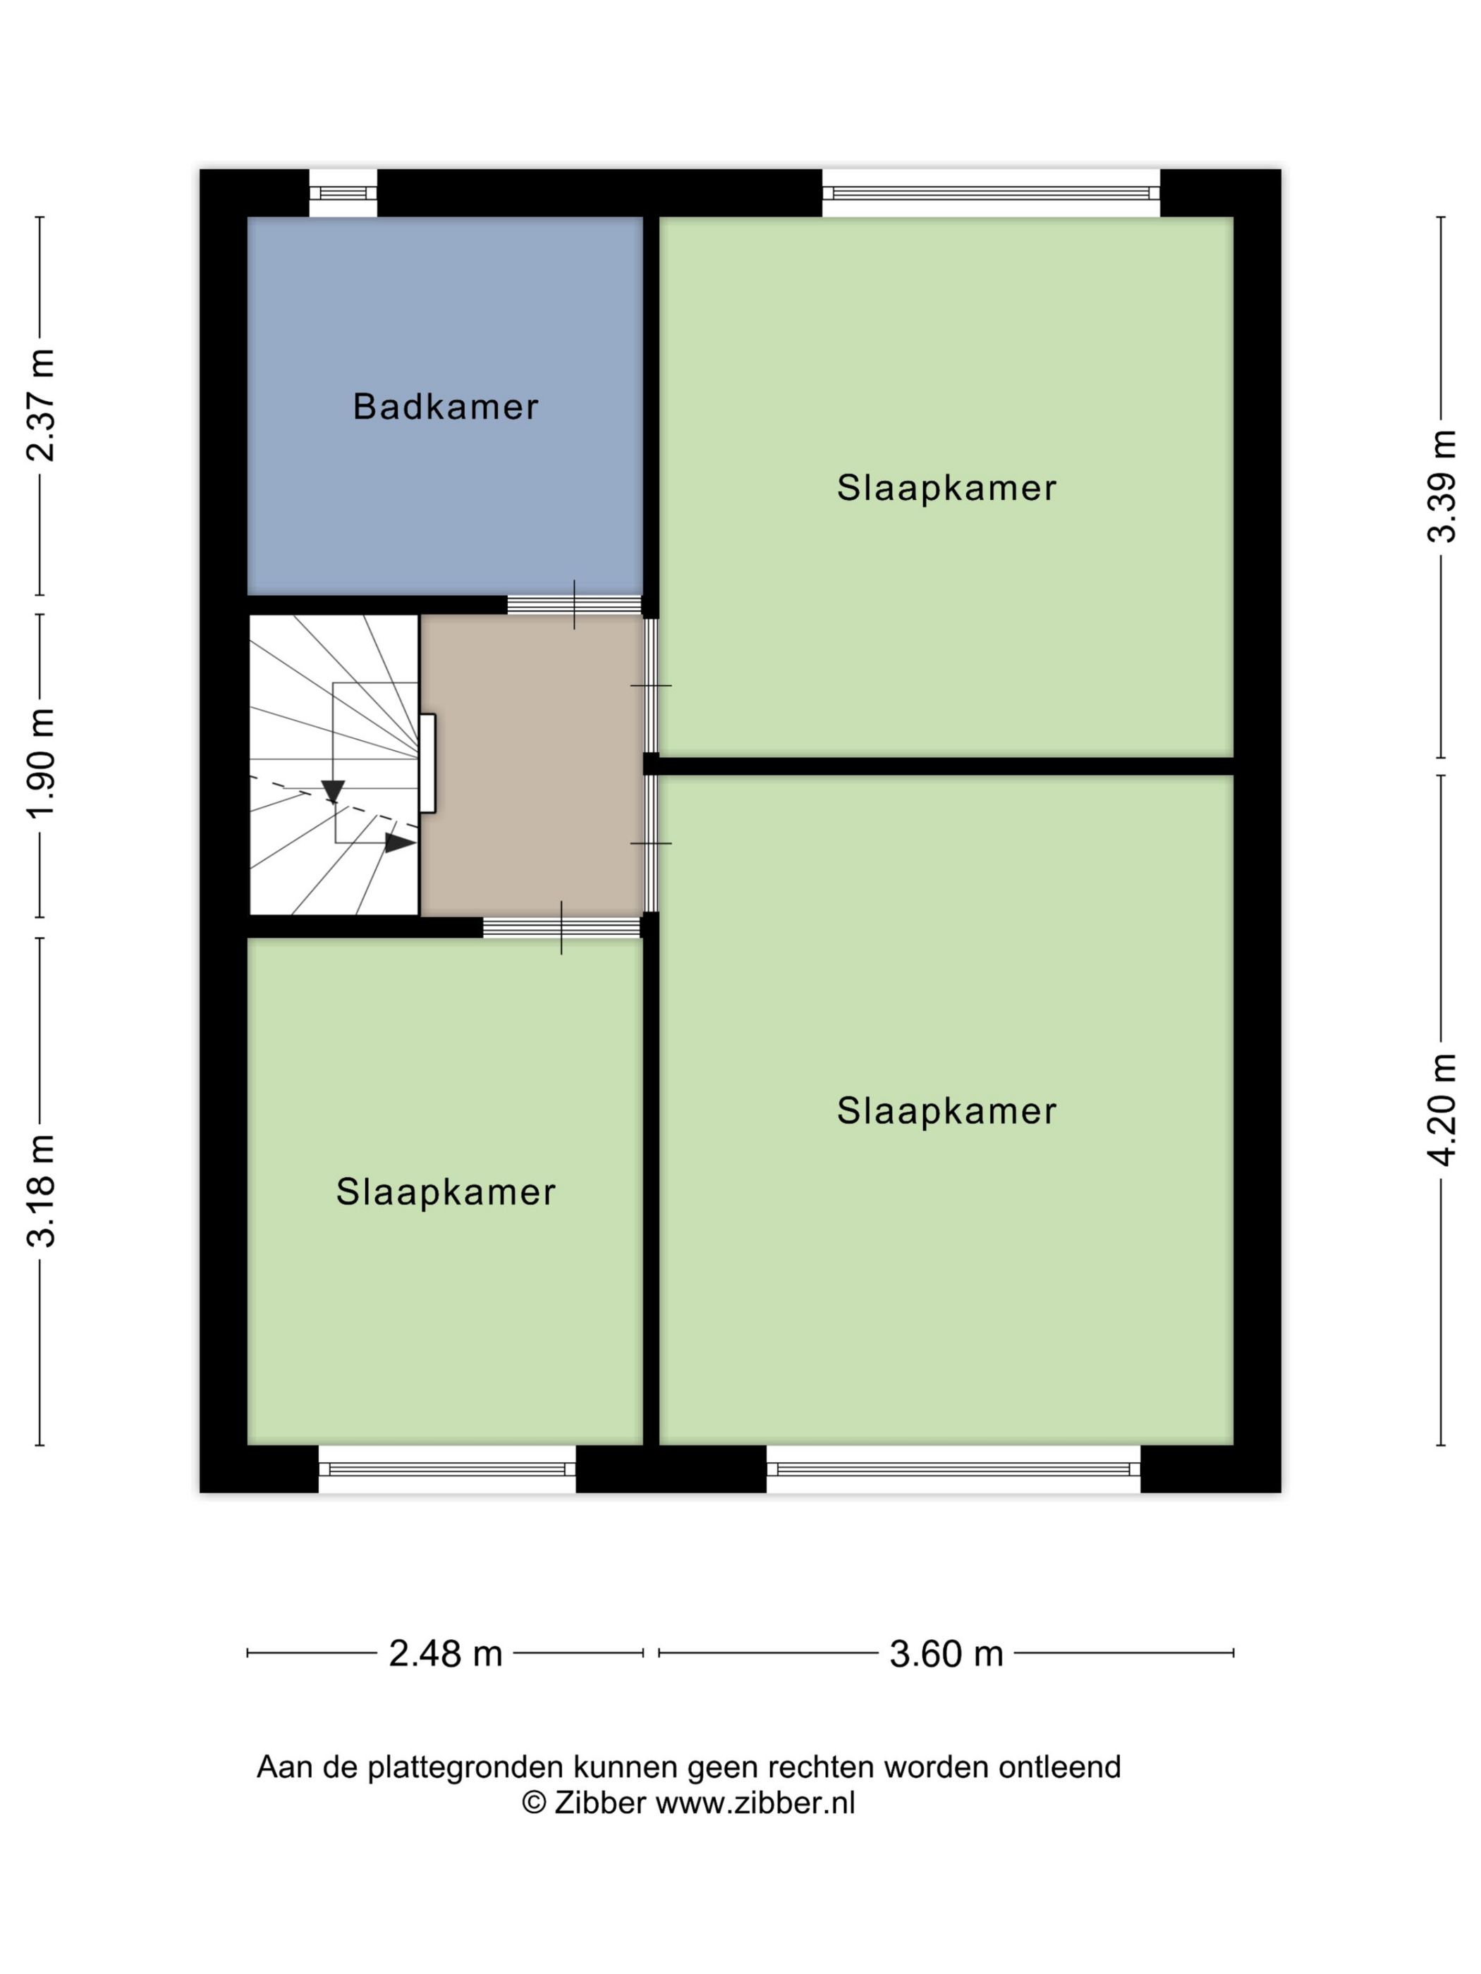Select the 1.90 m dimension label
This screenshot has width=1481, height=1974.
(x=41, y=762)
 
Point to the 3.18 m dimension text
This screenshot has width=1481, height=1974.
(x=41, y=1191)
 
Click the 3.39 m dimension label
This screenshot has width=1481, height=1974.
(x=1441, y=486)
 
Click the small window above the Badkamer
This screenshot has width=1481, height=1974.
(x=343, y=192)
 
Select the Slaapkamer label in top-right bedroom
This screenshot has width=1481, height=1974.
(x=946, y=488)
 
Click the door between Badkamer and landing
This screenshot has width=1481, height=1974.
(x=574, y=604)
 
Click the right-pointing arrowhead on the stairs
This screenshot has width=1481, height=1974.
(x=399, y=842)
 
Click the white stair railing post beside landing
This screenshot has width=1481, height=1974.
(x=427, y=763)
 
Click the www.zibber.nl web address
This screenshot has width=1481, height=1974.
(x=755, y=1803)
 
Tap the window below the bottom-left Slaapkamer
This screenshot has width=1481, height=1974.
(x=446, y=1469)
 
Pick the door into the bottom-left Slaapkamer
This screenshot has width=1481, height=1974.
(x=561, y=928)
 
